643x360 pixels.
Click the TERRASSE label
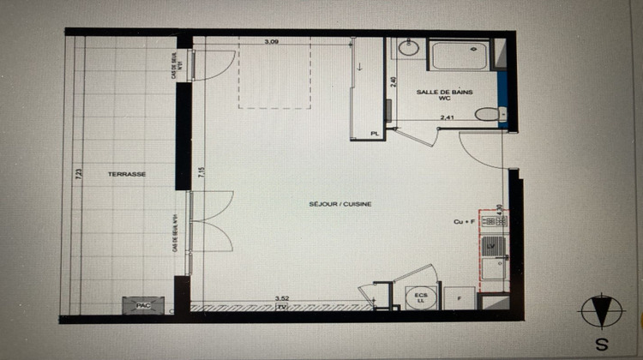tap(127, 174)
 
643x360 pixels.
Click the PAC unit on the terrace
tap(138, 304)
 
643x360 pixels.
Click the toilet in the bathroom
tap(489, 114)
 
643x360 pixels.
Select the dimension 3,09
tap(272, 41)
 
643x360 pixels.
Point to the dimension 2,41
tap(446, 117)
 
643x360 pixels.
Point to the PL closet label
tap(374, 134)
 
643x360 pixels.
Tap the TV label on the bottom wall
tap(280, 306)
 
